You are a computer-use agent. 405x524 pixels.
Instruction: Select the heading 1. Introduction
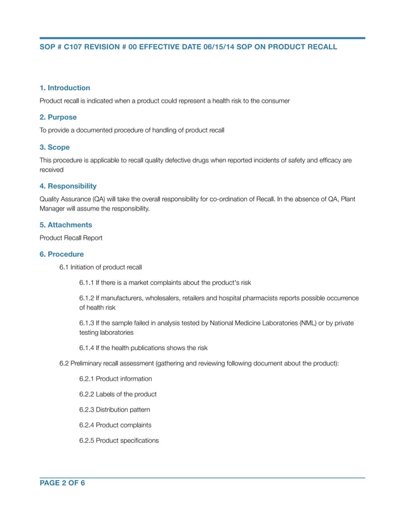pos(65,88)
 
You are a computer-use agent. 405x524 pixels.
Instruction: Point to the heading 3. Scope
pos(55,147)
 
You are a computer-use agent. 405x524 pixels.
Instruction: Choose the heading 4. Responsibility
pos(68,186)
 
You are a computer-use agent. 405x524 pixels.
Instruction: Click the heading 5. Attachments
pos(65,225)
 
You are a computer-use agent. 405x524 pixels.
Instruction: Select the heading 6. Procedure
pos(62,254)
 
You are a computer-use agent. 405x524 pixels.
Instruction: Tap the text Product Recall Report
pos(70,238)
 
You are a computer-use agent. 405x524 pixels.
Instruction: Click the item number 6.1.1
pos(87,282)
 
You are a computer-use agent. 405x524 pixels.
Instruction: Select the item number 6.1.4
pos(87,348)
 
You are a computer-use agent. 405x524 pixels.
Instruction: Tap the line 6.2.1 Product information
pos(116,379)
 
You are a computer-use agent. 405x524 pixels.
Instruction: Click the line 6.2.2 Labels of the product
pos(117,394)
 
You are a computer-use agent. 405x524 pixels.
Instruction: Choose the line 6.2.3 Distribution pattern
pos(115,409)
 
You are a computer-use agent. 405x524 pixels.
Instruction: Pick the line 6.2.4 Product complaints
pos(115,425)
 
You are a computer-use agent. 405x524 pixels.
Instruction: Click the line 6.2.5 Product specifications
pos(119,440)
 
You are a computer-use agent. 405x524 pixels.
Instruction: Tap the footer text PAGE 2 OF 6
pos(62,483)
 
